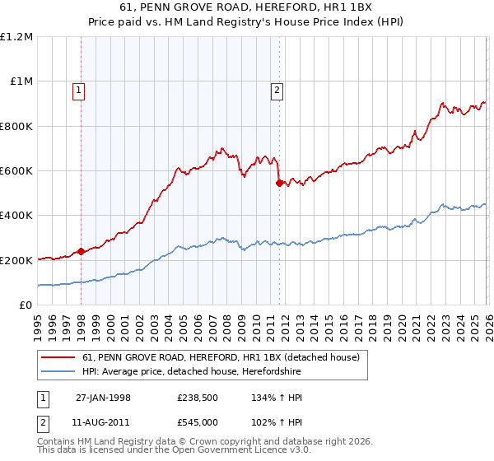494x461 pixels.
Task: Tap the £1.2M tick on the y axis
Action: (x=16, y=37)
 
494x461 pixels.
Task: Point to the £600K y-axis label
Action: (x=16, y=171)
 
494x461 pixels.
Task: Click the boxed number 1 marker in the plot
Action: (x=79, y=91)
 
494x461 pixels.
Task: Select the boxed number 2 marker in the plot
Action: (x=277, y=91)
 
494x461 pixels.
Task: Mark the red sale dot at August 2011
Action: (x=279, y=183)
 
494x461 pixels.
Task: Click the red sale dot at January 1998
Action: (x=81, y=252)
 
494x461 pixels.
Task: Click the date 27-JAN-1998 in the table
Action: (x=103, y=398)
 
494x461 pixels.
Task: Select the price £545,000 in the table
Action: (x=198, y=421)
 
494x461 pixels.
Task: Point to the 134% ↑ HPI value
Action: (x=277, y=398)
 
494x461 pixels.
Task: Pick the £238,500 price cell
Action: (x=198, y=398)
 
